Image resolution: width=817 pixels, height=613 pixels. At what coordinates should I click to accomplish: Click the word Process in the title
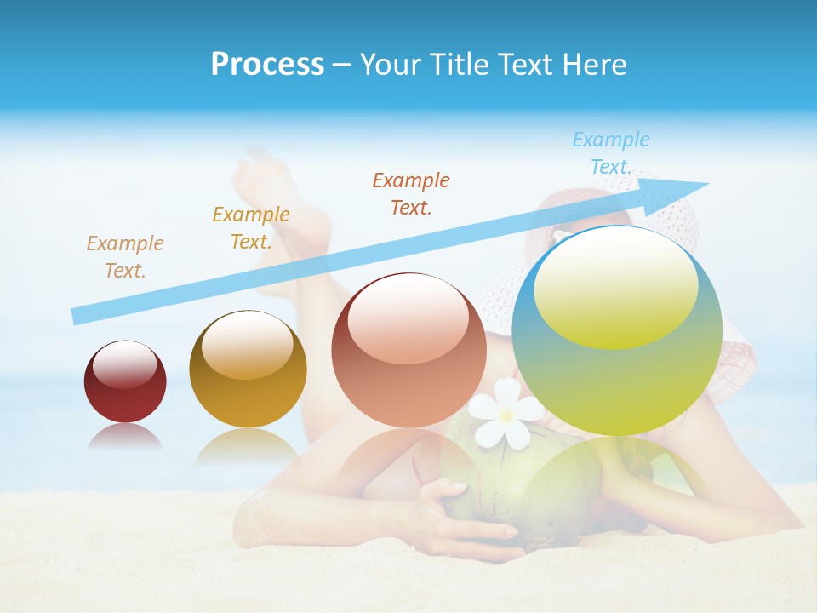pos(267,65)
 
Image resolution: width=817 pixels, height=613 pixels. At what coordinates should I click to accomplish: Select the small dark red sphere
pos(125,381)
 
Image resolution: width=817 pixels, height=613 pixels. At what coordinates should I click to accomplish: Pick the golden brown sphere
pos(248,369)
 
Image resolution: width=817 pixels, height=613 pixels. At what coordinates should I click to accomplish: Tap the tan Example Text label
pos(124,257)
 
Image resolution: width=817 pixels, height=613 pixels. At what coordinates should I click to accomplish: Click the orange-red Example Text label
pos(411,193)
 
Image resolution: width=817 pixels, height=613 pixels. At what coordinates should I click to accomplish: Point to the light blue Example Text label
pos(610,153)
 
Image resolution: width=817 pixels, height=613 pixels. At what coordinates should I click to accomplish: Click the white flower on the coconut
pos(506,412)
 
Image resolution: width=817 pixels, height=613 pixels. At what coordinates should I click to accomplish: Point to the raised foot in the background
pos(255,175)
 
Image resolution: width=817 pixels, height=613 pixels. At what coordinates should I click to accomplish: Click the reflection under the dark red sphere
pos(125,437)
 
